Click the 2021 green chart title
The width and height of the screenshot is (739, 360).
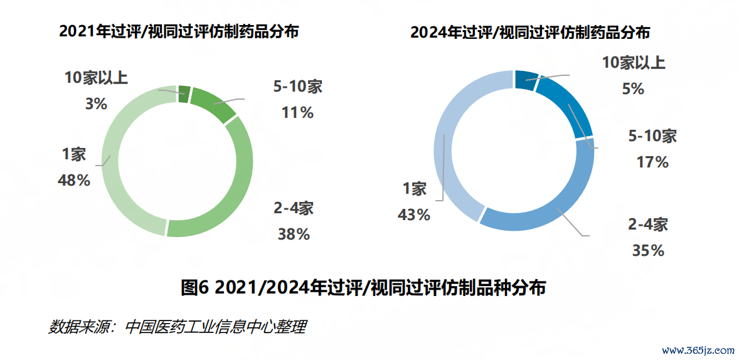(x=178, y=31)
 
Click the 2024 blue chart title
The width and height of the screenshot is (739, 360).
(x=530, y=32)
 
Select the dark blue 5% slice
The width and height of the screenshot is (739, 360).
(x=526, y=80)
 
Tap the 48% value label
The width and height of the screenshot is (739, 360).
(x=74, y=181)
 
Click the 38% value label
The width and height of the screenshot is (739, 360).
(x=294, y=235)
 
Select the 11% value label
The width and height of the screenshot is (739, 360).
(x=297, y=113)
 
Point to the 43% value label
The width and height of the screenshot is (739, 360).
(x=414, y=215)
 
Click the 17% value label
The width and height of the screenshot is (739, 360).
(x=652, y=162)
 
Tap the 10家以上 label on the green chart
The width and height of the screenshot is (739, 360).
(x=97, y=78)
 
